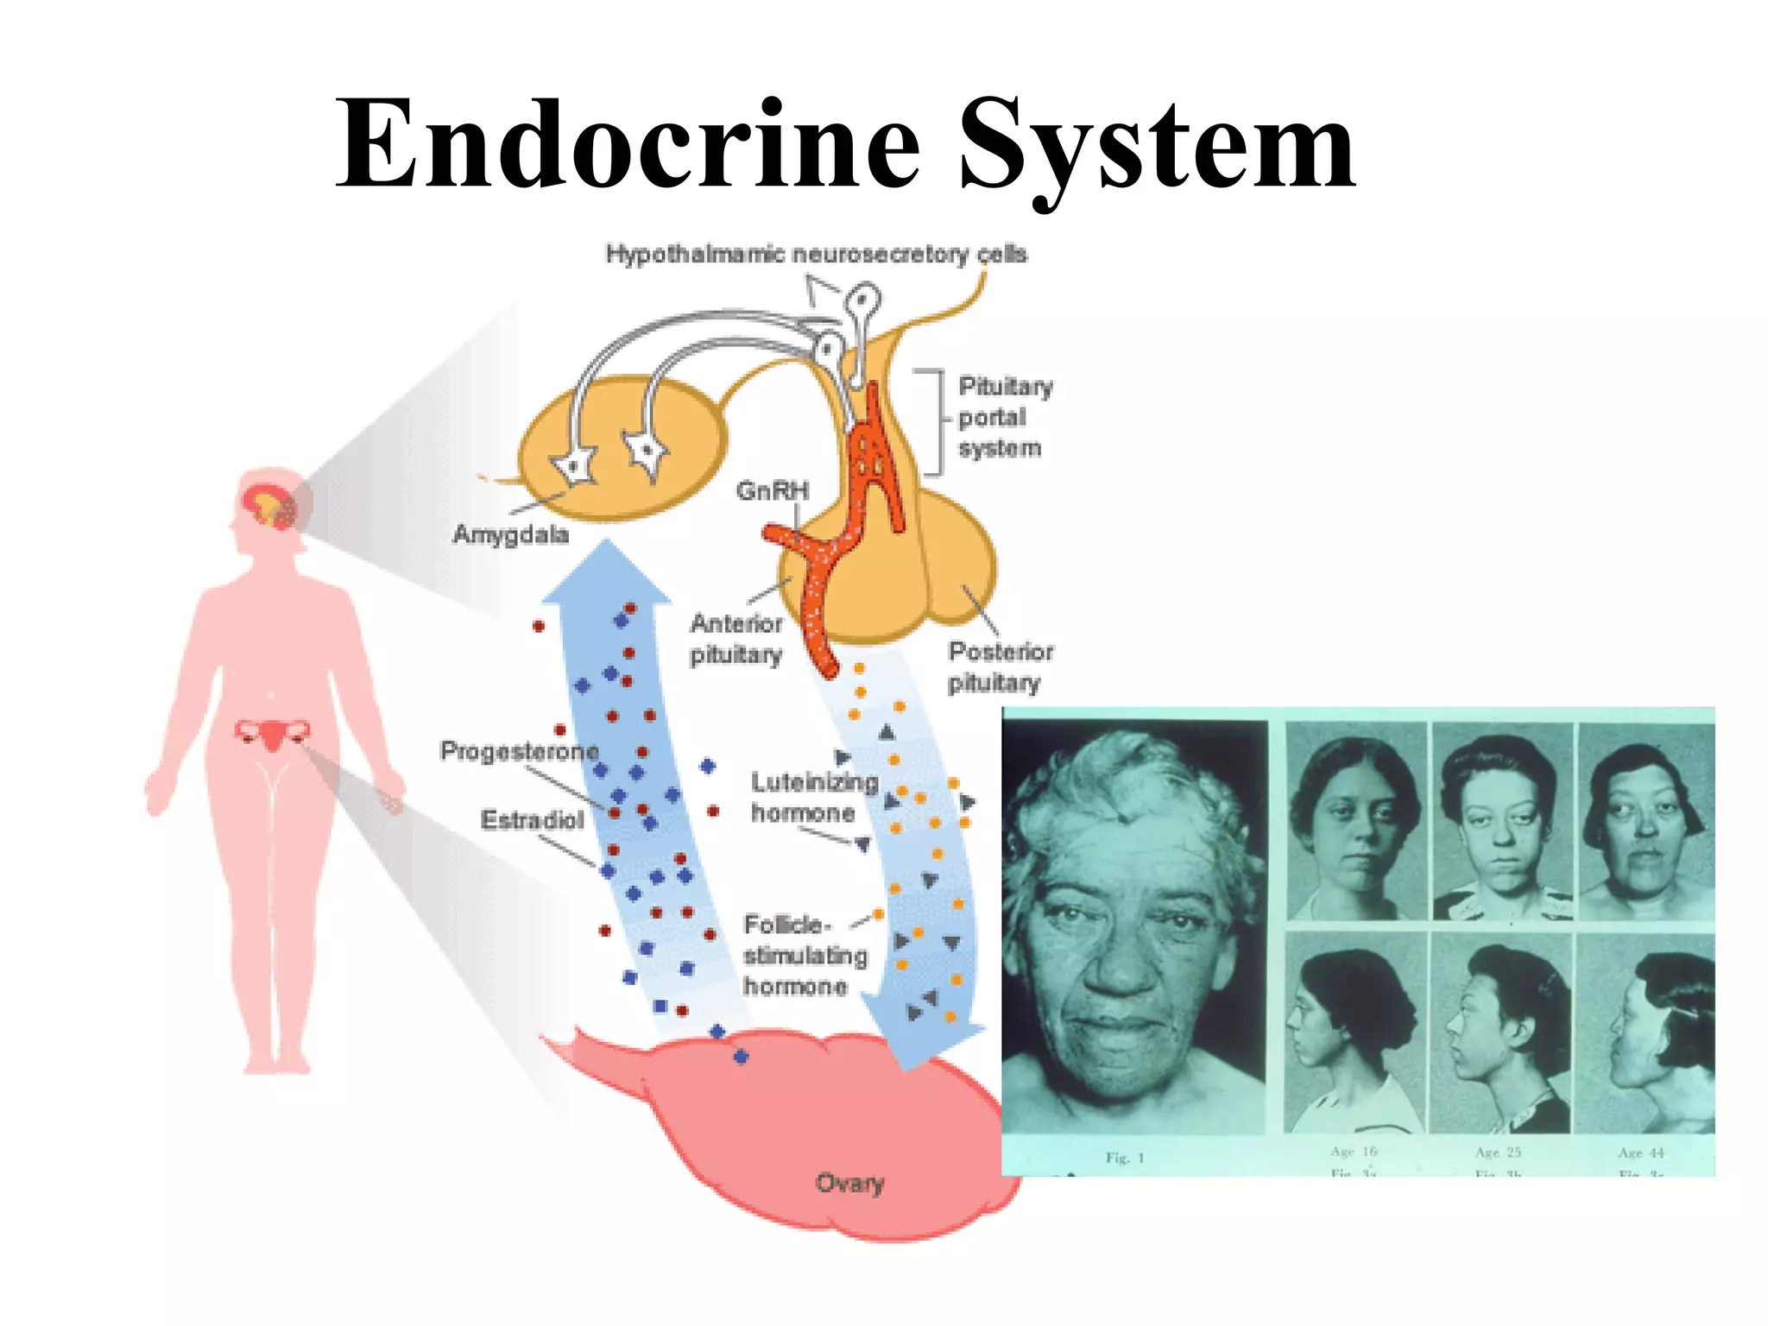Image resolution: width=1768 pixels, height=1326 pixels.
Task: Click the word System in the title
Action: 1157,147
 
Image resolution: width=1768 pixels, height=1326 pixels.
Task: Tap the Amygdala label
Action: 511,534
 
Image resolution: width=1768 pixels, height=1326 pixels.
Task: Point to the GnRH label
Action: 773,490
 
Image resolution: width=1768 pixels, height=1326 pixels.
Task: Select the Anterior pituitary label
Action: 736,639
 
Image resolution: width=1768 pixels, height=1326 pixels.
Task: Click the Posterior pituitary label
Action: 1000,666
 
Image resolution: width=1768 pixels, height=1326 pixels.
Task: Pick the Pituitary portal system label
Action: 1003,417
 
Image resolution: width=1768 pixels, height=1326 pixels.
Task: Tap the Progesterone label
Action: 519,751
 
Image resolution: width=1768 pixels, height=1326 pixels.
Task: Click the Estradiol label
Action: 532,819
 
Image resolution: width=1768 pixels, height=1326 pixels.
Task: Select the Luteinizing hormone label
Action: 813,797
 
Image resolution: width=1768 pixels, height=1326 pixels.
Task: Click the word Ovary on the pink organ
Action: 850,1183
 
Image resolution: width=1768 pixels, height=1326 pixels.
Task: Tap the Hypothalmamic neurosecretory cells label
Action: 816,254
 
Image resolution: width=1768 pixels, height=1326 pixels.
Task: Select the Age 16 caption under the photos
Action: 1353,1152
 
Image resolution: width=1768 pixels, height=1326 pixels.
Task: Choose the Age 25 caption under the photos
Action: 1498,1152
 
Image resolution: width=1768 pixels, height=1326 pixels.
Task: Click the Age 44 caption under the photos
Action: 1640,1152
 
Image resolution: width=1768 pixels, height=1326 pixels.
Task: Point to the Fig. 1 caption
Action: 1124,1158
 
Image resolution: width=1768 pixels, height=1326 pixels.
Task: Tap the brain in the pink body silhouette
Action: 269,506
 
